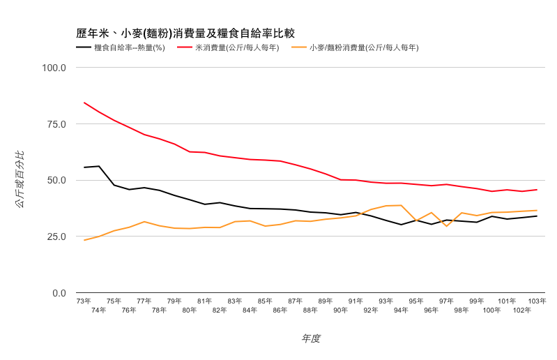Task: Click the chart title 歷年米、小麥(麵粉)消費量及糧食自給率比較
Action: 185,33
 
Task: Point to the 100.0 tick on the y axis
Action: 54,68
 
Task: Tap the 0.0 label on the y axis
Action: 59,293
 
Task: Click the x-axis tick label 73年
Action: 84,301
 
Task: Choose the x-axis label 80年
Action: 190,310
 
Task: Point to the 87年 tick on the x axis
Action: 296,301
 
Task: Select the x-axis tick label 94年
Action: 401,310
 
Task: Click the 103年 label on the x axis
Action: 537,301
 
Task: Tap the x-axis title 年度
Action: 311,338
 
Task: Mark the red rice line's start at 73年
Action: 84,103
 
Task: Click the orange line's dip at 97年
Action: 446,226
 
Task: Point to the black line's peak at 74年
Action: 99,166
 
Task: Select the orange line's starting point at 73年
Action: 84,240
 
